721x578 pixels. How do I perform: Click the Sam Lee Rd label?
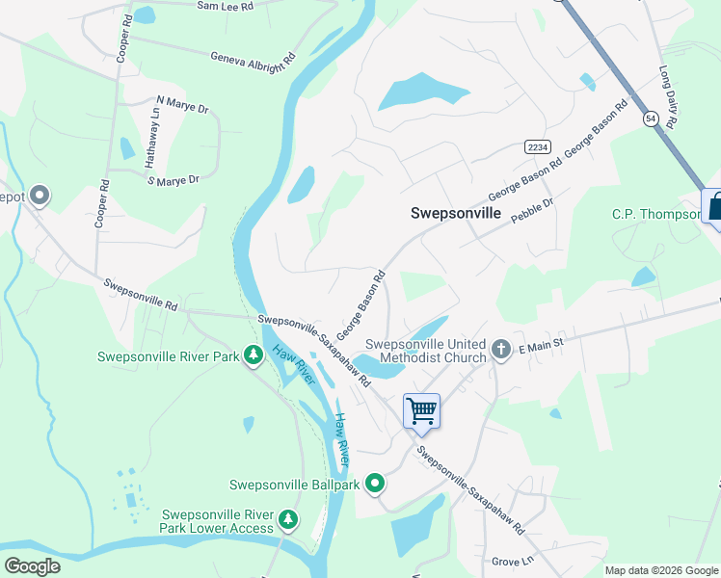click(x=225, y=6)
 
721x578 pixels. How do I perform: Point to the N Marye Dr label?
click(x=182, y=105)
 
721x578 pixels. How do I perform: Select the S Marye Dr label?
click(x=176, y=179)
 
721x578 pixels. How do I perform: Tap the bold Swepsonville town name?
click(x=456, y=214)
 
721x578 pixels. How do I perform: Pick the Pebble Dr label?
click(x=532, y=210)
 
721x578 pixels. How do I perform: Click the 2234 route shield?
click(x=538, y=146)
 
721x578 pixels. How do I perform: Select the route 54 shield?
click(x=652, y=118)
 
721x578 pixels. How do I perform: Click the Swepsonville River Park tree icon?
click(x=254, y=356)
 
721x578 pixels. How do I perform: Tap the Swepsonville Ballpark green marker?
click(x=375, y=485)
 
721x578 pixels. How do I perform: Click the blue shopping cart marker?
click(x=421, y=411)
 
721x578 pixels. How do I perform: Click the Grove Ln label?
click(x=512, y=560)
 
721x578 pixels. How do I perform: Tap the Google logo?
click(x=32, y=566)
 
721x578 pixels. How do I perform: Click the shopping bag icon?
click(x=713, y=205)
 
